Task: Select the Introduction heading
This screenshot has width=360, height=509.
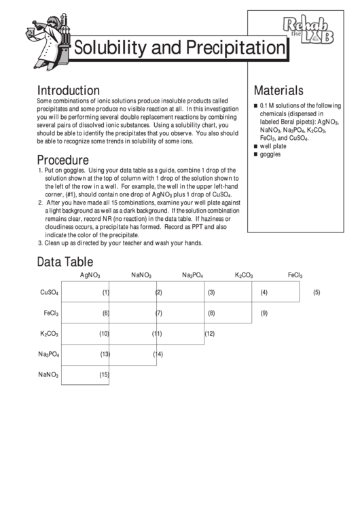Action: pyautogui.click(x=69, y=90)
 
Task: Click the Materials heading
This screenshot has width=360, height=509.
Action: pyautogui.click(x=278, y=90)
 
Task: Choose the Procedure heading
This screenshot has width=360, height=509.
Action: pyautogui.click(x=62, y=160)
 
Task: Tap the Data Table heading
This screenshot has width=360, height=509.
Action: pyautogui.click(x=65, y=262)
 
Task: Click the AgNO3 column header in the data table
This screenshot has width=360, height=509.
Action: pyautogui.click(x=90, y=275)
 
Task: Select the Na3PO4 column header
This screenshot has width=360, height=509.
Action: pyautogui.click(x=193, y=275)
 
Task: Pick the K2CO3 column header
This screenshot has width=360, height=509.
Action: pyautogui.click(x=244, y=275)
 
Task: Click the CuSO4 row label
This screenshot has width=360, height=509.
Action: pyautogui.click(x=50, y=293)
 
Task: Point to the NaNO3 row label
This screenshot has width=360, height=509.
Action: pyautogui.click(x=49, y=374)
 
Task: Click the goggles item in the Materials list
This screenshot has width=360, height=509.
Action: pyautogui.click(x=271, y=154)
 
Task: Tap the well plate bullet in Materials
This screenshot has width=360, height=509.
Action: pyautogui.click(x=274, y=146)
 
